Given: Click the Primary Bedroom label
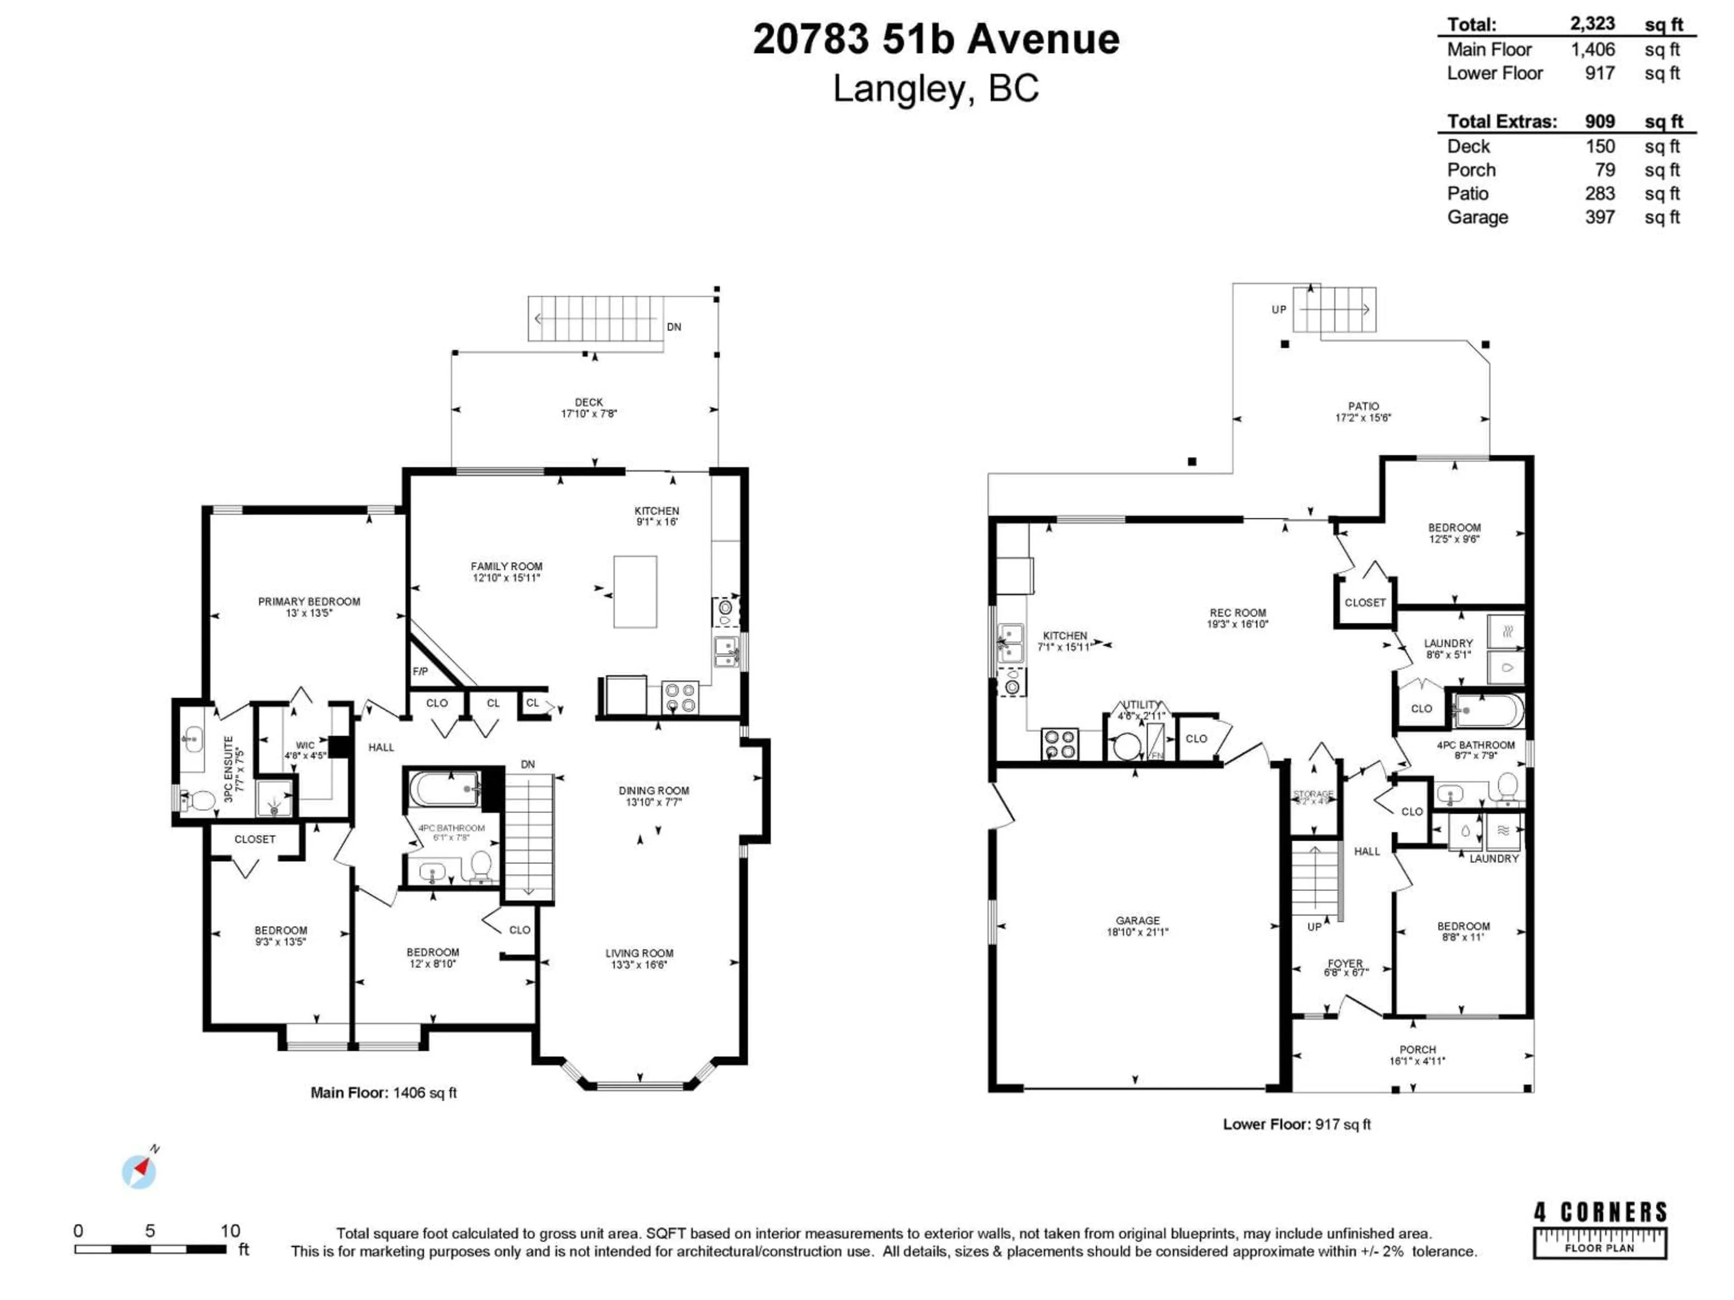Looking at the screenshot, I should click(309, 602).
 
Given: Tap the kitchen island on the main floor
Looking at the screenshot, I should click(635, 592).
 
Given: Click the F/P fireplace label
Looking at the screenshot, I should click(420, 672).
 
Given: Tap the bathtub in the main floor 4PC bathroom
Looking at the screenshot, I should click(443, 788).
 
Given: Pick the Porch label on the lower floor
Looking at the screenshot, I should click(1417, 1049).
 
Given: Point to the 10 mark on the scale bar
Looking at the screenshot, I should click(230, 1231).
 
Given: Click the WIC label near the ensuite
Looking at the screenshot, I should click(305, 745).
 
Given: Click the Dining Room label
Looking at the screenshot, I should click(654, 791).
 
